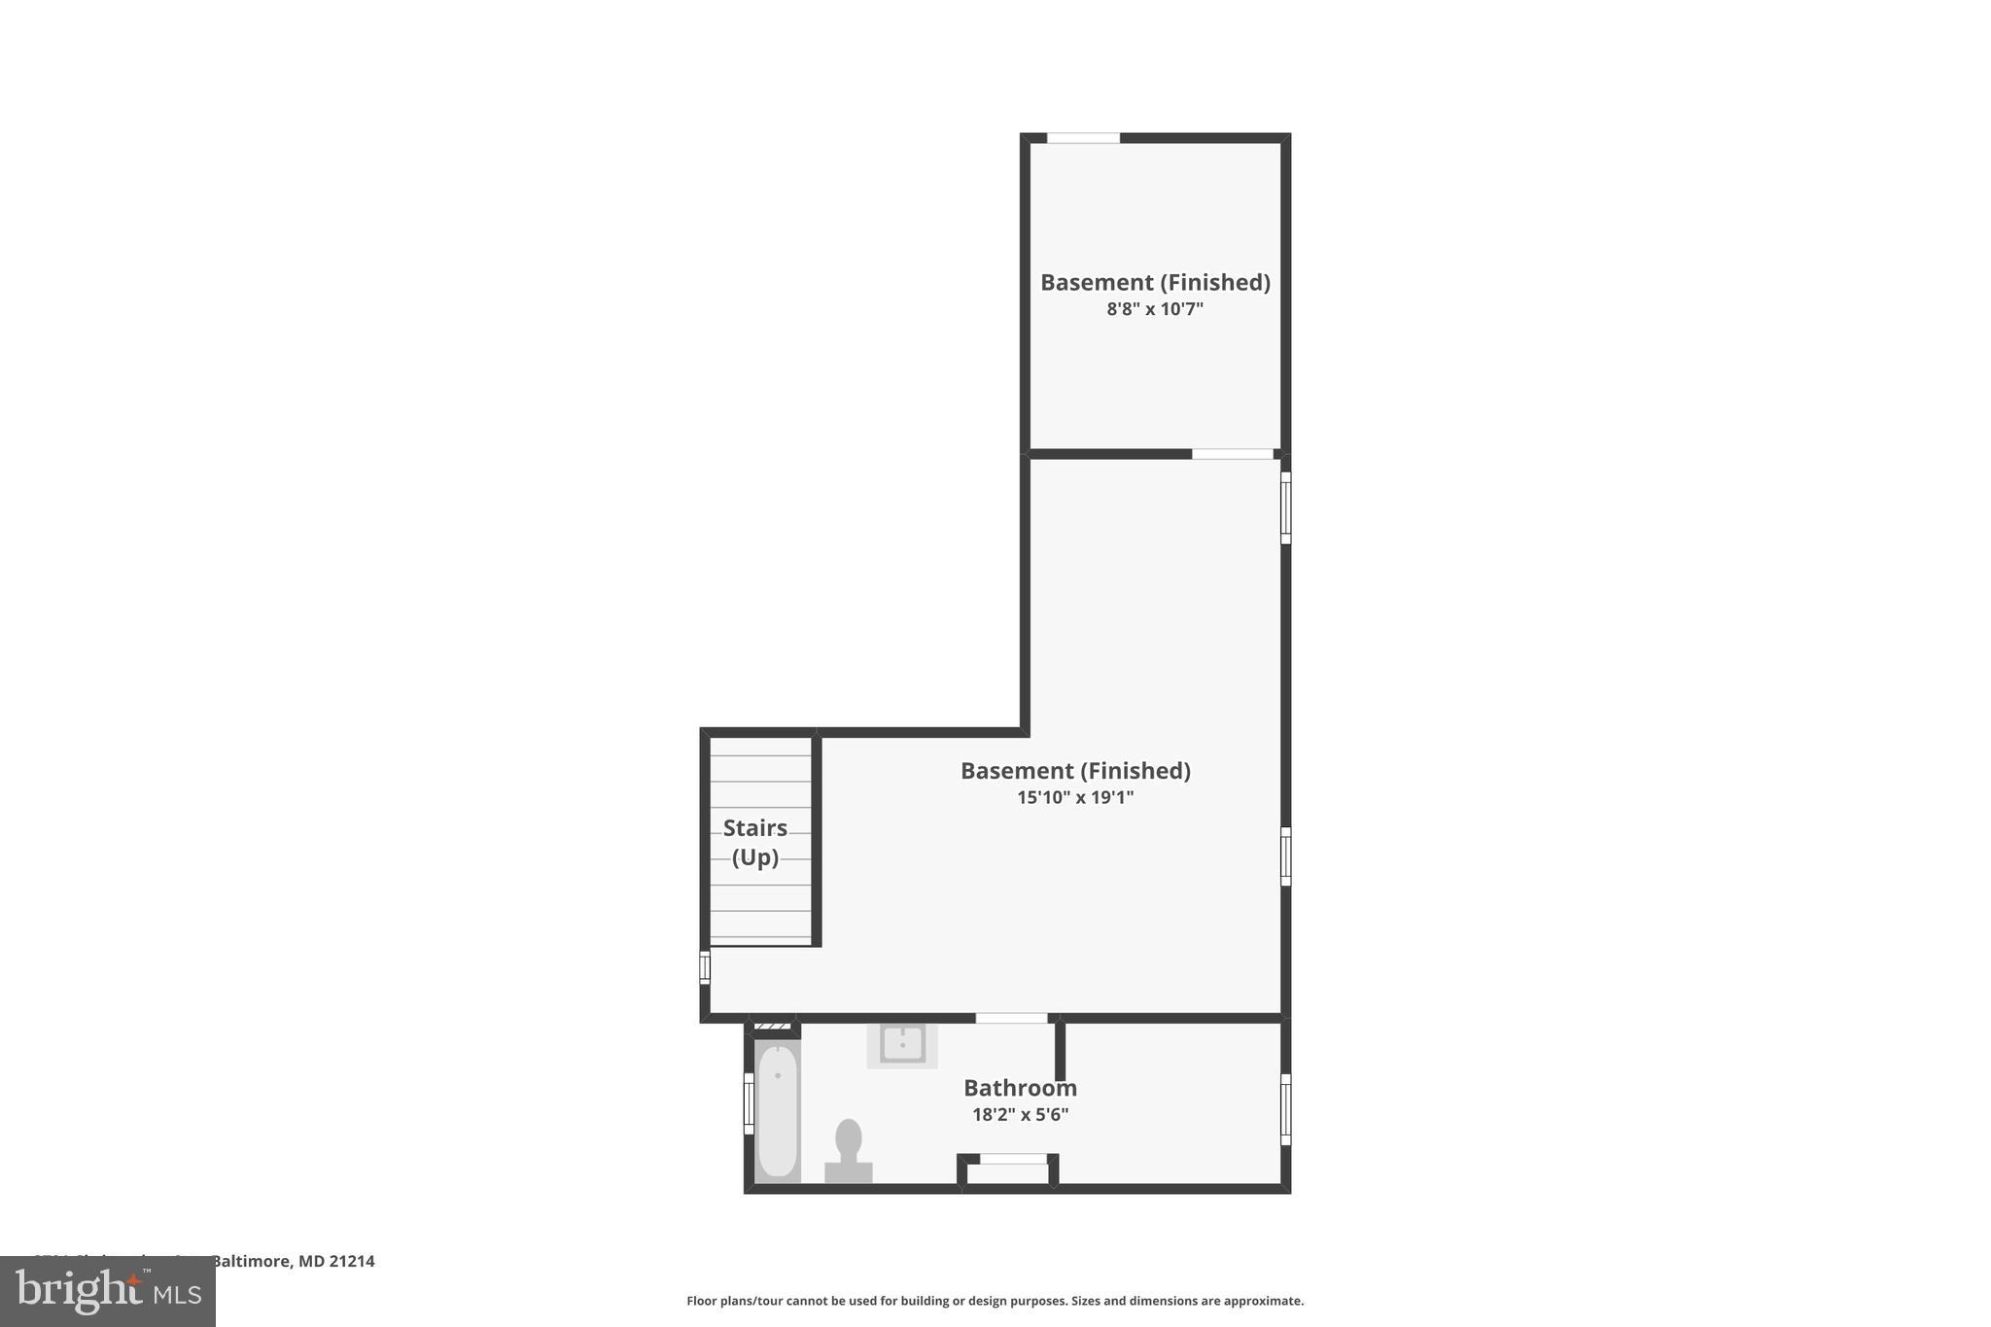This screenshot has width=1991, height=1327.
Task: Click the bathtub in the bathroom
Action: click(x=778, y=1110)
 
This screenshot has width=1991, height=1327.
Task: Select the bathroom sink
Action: click(x=902, y=1045)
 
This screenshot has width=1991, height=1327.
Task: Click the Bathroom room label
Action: click(x=1020, y=1088)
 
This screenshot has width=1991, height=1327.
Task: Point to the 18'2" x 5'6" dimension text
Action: click(x=1020, y=1115)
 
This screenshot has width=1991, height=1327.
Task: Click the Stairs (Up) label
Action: click(x=755, y=842)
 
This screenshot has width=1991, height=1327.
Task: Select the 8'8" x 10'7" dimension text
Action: click(x=1155, y=309)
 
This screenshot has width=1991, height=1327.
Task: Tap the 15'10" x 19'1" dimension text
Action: click(x=1075, y=798)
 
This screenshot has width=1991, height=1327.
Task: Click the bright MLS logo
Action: click(x=108, y=1291)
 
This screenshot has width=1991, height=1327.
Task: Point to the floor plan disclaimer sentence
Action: click(x=995, y=1301)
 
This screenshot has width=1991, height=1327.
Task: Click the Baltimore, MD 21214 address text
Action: click(x=293, y=1261)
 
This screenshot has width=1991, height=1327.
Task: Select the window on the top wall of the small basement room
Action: click(x=1083, y=138)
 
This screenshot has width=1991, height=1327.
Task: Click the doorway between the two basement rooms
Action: click(x=1233, y=454)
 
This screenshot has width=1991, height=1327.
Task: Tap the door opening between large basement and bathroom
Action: click(x=1011, y=1018)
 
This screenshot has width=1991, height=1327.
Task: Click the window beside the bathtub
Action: click(x=749, y=1103)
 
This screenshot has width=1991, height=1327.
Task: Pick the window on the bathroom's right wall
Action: click(x=1285, y=1109)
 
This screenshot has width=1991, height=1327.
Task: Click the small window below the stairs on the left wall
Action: click(x=705, y=967)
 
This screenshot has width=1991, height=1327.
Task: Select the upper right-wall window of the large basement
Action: click(x=1285, y=507)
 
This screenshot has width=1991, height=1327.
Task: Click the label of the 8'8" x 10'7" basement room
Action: click(x=1155, y=282)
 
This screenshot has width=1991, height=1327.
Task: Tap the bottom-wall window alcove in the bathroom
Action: click(x=1013, y=1160)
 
